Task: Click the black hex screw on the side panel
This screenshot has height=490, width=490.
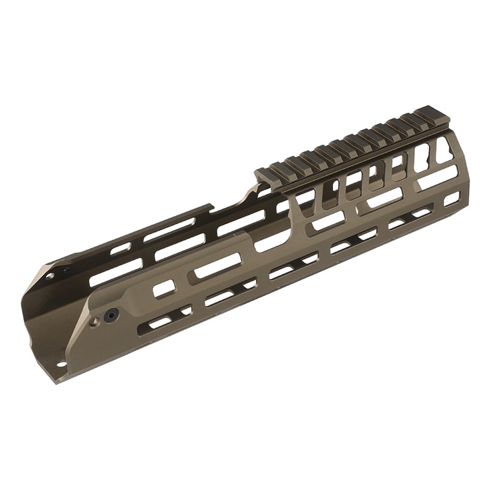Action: pyautogui.click(x=110, y=314)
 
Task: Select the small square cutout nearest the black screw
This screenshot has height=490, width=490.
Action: pyautogui.click(x=163, y=288)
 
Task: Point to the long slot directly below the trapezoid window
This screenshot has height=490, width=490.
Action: pyautogui.click(x=439, y=176)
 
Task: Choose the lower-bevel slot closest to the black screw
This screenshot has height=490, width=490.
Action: pyautogui.click(x=159, y=321)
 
